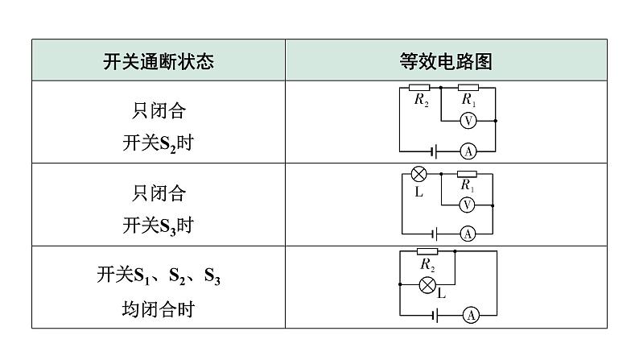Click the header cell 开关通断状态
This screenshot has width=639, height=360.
pyautogui.click(x=159, y=61)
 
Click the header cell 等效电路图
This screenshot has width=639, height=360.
pyautogui.click(x=446, y=61)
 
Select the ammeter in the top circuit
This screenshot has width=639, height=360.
pyautogui.click(x=468, y=151)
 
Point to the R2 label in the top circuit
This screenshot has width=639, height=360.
pyautogui.click(x=422, y=101)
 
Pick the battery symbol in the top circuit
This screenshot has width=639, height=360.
pyautogui.click(x=435, y=151)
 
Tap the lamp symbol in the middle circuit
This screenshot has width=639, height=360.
pyautogui.click(x=418, y=174)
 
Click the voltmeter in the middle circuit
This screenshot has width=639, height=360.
pyautogui.click(x=467, y=205)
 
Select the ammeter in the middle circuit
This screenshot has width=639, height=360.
pyautogui.click(x=467, y=234)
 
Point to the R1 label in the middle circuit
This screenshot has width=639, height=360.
pyautogui.click(x=468, y=185)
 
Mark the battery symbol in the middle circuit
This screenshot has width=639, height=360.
pyautogui.click(x=435, y=234)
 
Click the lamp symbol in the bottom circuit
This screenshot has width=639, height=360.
pyautogui.click(x=428, y=283)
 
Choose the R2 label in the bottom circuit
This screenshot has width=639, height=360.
pyautogui.click(x=428, y=264)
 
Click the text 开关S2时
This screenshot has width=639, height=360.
pyautogui.click(x=159, y=144)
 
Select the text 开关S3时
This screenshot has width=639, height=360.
pyautogui.click(x=159, y=226)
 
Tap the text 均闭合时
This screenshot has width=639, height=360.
pyautogui.click(x=159, y=309)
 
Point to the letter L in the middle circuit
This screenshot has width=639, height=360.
pyautogui.click(x=418, y=193)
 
